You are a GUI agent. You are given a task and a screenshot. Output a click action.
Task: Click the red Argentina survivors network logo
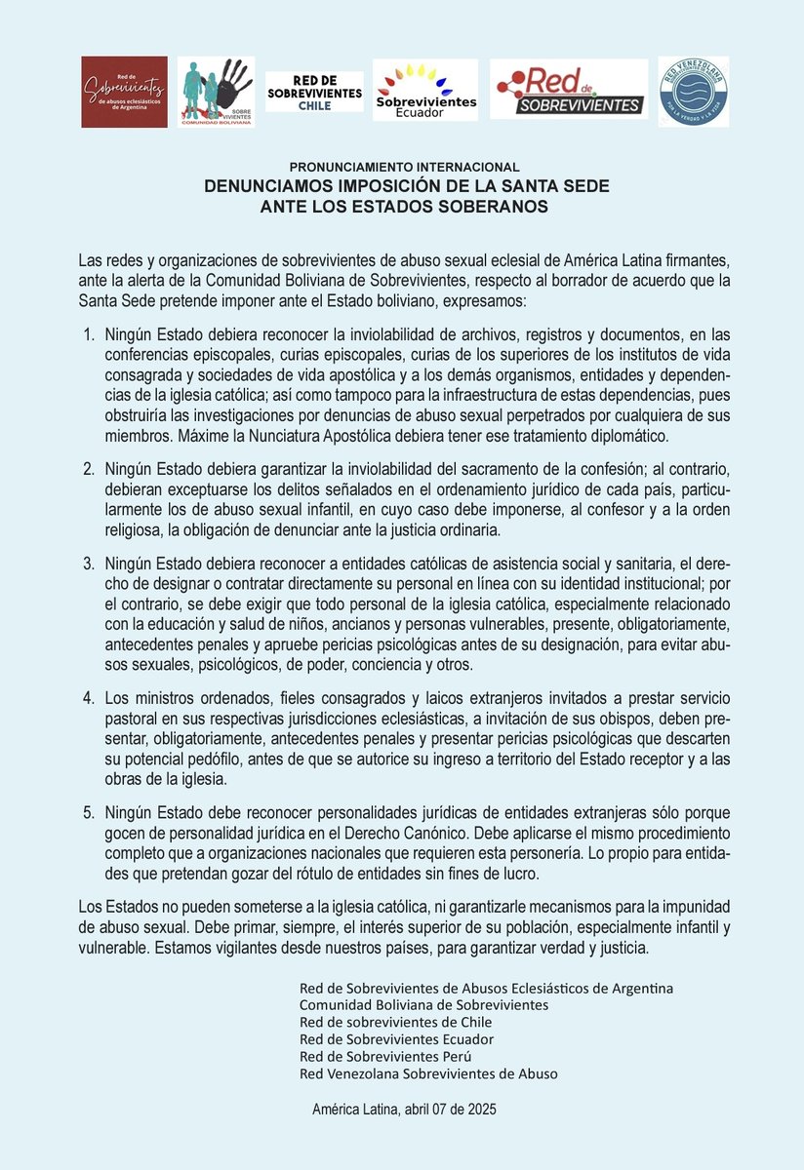124,92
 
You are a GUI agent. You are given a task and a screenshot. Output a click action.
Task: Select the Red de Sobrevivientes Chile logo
314,92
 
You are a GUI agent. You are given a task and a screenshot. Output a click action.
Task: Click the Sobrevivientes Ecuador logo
425,91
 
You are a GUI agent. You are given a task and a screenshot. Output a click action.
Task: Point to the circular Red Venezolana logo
694,91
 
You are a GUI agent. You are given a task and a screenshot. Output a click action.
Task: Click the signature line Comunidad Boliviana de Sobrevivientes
423,1004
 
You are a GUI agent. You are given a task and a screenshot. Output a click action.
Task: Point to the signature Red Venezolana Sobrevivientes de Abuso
428,1074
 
